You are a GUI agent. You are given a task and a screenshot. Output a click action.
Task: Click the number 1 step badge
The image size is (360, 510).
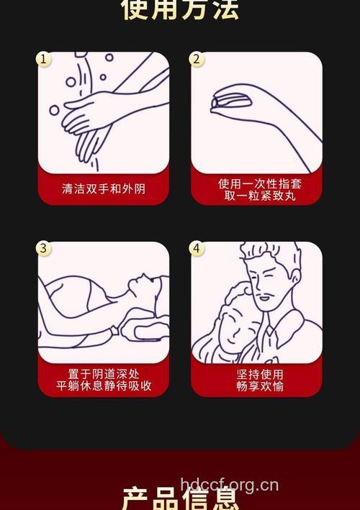click(x=44, y=59)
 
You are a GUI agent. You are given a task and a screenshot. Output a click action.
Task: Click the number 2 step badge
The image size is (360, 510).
click(x=197, y=59)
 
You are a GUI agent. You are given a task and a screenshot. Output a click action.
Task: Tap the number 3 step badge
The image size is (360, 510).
click(x=44, y=249)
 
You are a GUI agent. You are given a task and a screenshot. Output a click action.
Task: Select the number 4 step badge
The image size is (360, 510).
click(x=197, y=249)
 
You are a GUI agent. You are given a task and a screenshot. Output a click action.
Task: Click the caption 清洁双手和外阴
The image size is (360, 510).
click(x=104, y=189)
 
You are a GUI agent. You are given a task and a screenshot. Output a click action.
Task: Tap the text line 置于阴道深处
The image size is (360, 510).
click(x=104, y=374)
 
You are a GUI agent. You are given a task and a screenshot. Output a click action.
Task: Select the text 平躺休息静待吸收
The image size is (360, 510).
click(x=104, y=386)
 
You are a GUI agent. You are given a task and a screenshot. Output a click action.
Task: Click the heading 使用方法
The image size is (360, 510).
click(x=180, y=9)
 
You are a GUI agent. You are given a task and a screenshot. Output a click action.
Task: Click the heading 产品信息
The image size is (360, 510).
click(x=180, y=498)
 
